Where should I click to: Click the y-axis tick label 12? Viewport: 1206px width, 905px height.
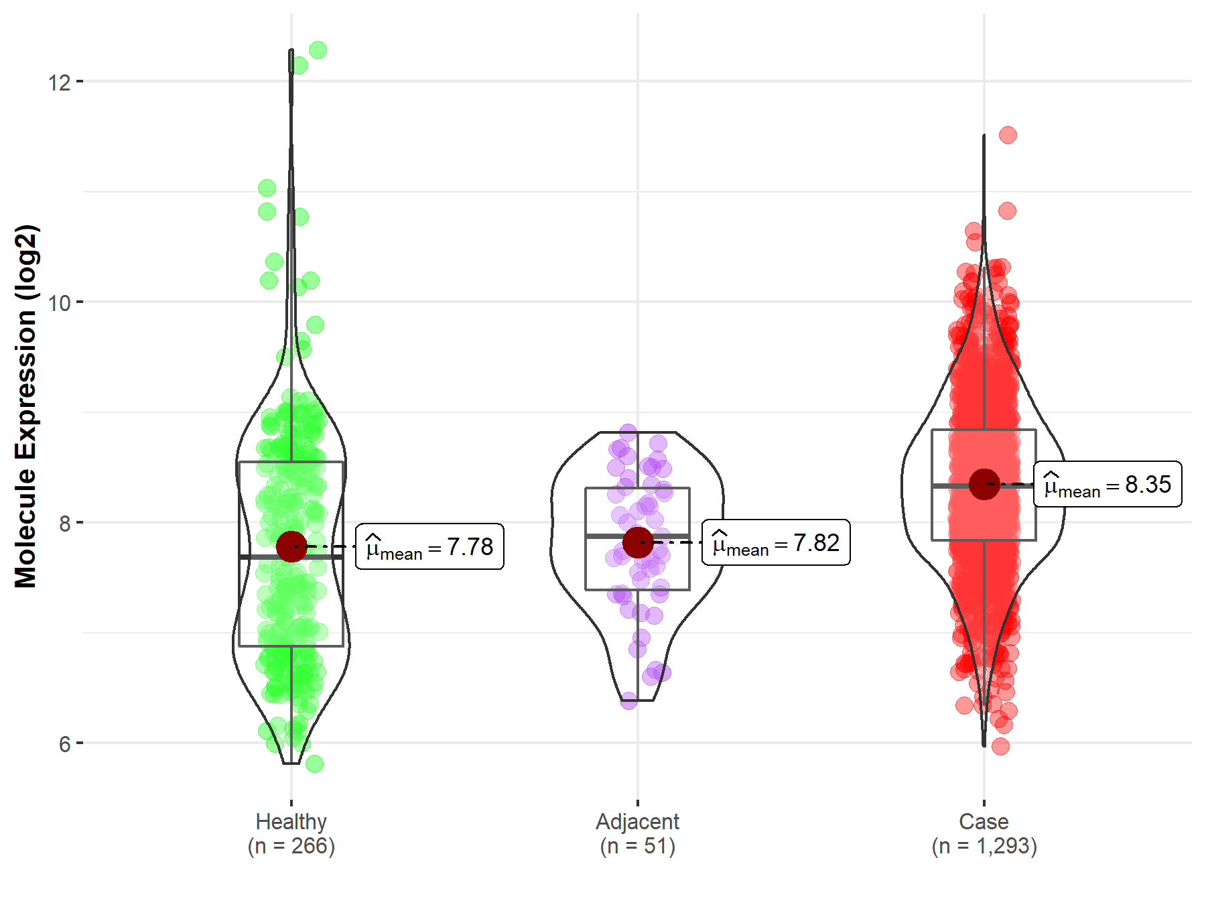(59, 82)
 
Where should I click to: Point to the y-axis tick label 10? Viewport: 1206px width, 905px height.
(59, 303)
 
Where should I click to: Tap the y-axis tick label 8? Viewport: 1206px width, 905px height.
(64, 524)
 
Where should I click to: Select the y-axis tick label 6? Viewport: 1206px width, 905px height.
(64, 744)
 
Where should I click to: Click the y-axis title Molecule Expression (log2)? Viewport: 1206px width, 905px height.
(25, 406)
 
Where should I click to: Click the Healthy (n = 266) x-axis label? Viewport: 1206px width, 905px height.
(291, 834)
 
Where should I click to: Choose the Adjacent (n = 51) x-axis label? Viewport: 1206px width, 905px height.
(638, 834)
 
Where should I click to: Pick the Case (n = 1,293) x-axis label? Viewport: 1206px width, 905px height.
(984, 834)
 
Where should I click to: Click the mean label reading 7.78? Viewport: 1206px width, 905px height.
(429, 547)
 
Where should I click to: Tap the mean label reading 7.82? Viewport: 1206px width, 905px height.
(776, 543)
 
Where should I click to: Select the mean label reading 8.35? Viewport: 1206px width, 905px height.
(1108, 485)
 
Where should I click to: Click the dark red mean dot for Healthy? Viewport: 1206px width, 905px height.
(291, 547)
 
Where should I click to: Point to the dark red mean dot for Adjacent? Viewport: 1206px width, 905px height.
(638, 542)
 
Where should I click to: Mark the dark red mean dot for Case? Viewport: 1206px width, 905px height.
(984, 484)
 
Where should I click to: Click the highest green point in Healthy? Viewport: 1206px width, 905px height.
(318, 50)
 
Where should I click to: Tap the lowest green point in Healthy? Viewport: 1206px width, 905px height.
(314, 764)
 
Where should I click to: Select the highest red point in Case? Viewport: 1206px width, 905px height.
(1008, 135)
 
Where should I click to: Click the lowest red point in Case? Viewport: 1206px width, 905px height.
(1000, 746)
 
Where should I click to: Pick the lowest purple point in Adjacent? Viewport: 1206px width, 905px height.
(628, 701)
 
